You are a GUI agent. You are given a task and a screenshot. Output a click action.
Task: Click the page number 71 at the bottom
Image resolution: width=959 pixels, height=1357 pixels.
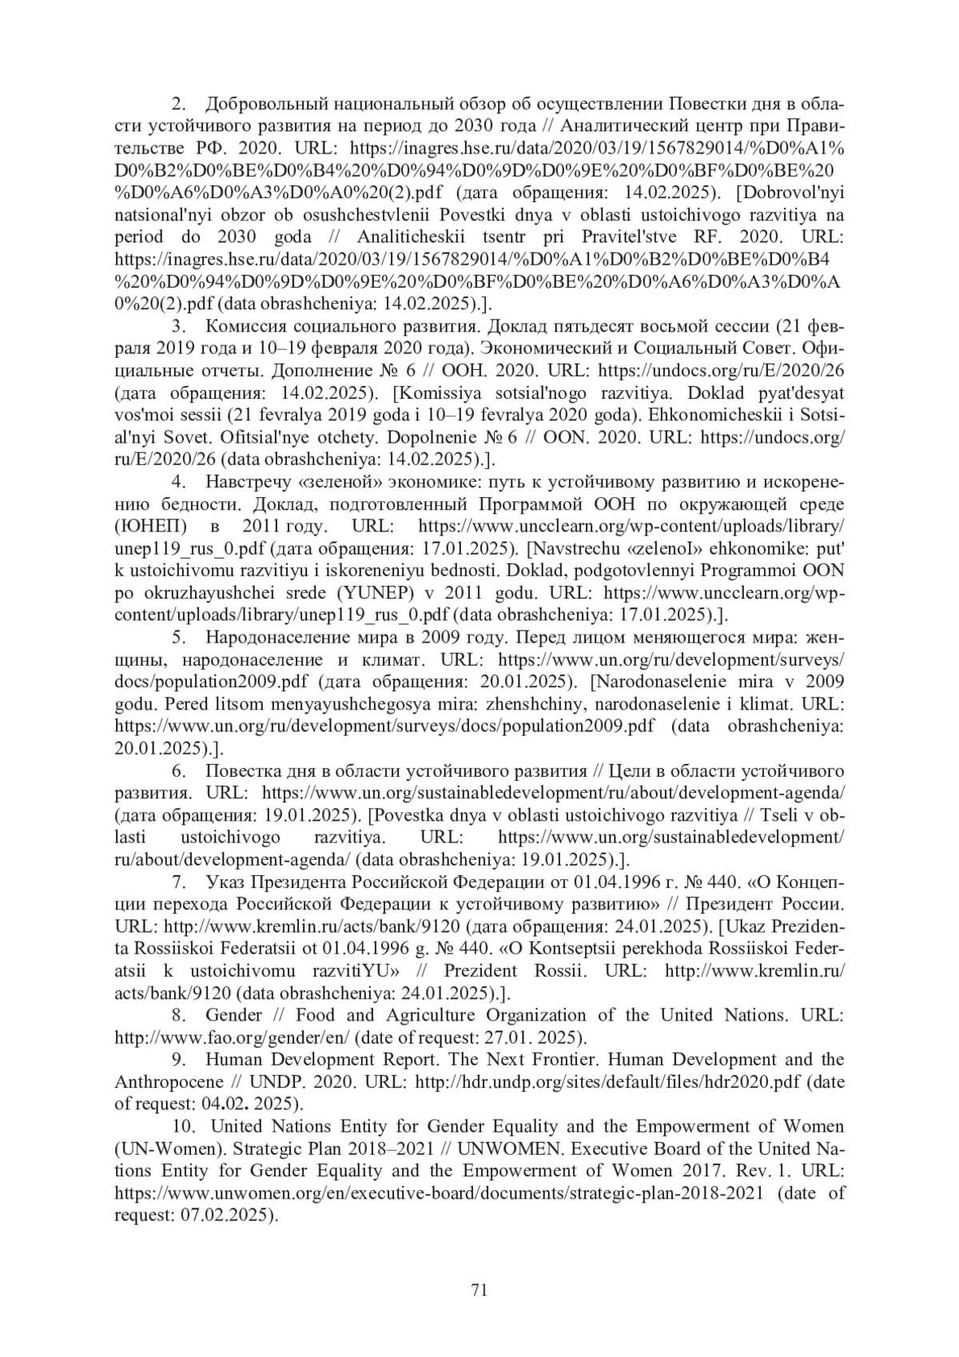click(479, 1289)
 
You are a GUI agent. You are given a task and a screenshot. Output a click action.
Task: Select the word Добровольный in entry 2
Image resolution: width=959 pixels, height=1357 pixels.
click(265, 104)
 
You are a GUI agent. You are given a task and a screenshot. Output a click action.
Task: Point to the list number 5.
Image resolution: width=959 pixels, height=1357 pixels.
click(179, 637)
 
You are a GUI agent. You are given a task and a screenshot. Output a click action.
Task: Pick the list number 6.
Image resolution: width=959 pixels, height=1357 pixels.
click(179, 770)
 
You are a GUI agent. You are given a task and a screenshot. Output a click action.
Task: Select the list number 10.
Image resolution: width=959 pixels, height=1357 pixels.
click(181, 1126)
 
